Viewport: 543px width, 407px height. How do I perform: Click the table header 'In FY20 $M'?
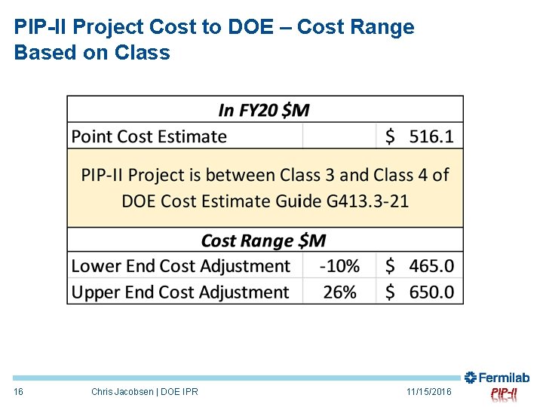pyautogui.click(x=264, y=110)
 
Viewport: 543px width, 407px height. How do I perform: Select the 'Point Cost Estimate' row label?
pyautogui.click(x=149, y=136)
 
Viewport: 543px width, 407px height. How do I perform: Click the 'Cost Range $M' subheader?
pyautogui.click(x=264, y=240)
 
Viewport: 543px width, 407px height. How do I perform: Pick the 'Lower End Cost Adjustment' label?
pyautogui.click(x=180, y=266)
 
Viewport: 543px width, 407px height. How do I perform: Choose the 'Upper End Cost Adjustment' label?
pyautogui.click(x=180, y=292)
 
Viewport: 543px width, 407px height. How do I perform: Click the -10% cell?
pyautogui.click(x=339, y=266)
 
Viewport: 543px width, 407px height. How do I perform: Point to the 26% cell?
pyautogui.click(x=339, y=292)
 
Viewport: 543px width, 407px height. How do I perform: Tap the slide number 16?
pyautogui.click(x=19, y=392)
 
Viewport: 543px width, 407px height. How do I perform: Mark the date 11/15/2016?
pyautogui.click(x=428, y=392)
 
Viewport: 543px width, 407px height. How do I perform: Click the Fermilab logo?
pyautogui.click(x=497, y=378)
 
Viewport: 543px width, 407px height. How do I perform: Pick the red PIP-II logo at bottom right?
pyautogui.click(x=504, y=393)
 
